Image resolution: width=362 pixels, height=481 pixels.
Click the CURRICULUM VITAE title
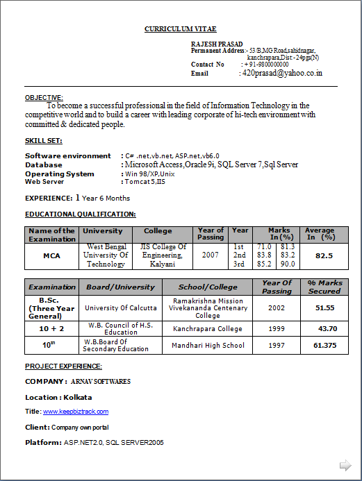180,29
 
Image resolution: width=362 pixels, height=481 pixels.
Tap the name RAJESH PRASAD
212,44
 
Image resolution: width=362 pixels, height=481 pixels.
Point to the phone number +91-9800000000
266,65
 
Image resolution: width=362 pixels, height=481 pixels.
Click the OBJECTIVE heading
44,98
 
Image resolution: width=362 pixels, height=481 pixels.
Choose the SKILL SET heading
43,141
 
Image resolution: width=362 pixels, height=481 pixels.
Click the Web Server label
44,181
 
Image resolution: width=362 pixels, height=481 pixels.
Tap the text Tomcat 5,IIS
145,181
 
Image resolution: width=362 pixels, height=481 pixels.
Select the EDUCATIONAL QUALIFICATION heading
81,214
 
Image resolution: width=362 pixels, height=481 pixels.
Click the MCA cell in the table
52,255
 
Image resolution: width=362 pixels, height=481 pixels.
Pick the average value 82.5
324,255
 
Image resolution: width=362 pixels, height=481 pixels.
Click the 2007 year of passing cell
211,255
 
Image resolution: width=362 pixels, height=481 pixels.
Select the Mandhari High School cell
208,345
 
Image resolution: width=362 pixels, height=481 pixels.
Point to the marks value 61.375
324,345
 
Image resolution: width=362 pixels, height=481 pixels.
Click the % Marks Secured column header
324,287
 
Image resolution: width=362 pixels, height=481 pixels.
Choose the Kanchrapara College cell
208,328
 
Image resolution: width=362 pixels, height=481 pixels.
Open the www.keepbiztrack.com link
76,412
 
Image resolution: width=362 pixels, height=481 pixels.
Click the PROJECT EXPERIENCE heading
63,366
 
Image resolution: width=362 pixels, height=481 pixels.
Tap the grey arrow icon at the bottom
345,464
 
